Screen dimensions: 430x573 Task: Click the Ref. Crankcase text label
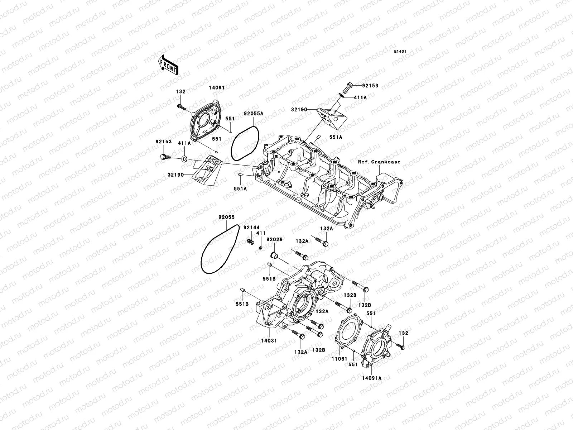(x=379, y=162)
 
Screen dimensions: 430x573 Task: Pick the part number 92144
(x=251, y=228)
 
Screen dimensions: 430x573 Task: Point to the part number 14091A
(x=371, y=378)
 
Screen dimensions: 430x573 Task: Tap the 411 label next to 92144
(x=261, y=233)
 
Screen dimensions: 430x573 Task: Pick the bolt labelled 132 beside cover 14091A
(x=400, y=346)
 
